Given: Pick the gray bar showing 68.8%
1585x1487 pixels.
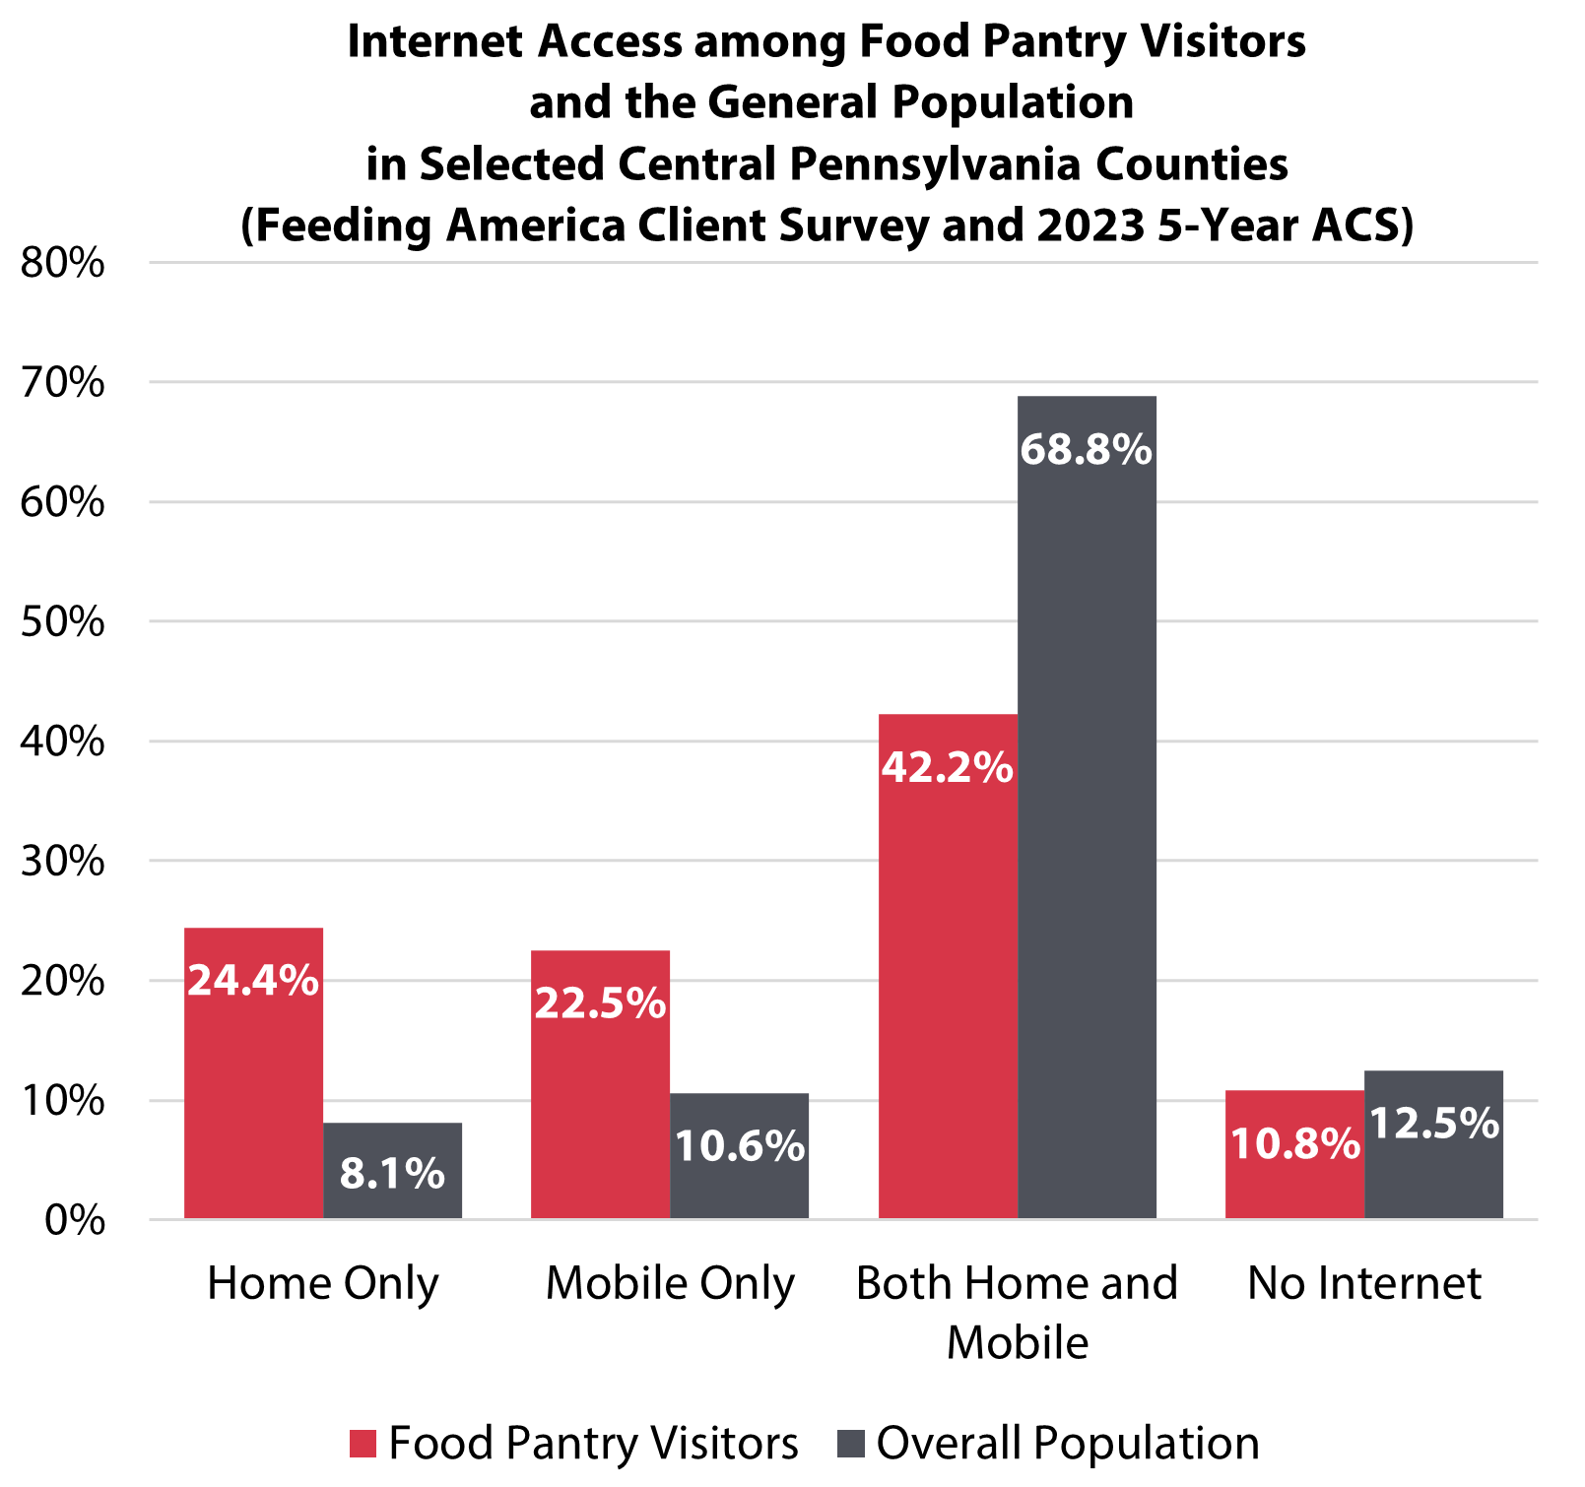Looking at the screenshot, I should pyautogui.click(x=1087, y=808).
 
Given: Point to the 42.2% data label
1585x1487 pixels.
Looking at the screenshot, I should pyautogui.click(x=947, y=767).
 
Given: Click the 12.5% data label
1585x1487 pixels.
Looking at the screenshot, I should pyautogui.click(x=1434, y=1123).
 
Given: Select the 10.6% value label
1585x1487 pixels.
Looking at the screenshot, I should pyautogui.click(x=740, y=1145).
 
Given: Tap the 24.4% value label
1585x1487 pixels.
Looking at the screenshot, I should pyautogui.click(x=253, y=980).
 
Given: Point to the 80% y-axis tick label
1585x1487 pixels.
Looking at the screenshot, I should pyautogui.click(x=62, y=263).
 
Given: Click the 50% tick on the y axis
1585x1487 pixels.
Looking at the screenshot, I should pyautogui.click(x=62, y=621).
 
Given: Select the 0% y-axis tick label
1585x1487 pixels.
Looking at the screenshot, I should pyautogui.click(x=75, y=1220).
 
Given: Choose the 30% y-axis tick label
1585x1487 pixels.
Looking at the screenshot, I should pyautogui.click(x=62, y=861).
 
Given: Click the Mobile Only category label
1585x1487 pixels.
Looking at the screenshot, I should pyautogui.click(x=670, y=1283).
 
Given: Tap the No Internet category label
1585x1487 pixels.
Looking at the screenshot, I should pyautogui.click(x=1364, y=1283).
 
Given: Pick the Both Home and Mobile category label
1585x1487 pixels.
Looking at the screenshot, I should pyautogui.click(x=1017, y=1312).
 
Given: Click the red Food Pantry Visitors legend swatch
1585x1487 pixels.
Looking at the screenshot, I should pyautogui.click(x=363, y=1444).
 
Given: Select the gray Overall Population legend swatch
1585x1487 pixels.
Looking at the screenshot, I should pyautogui.click(x=850, y=1444).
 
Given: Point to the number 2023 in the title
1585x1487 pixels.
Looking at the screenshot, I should pyautogui.click(x=1090, y=226).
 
